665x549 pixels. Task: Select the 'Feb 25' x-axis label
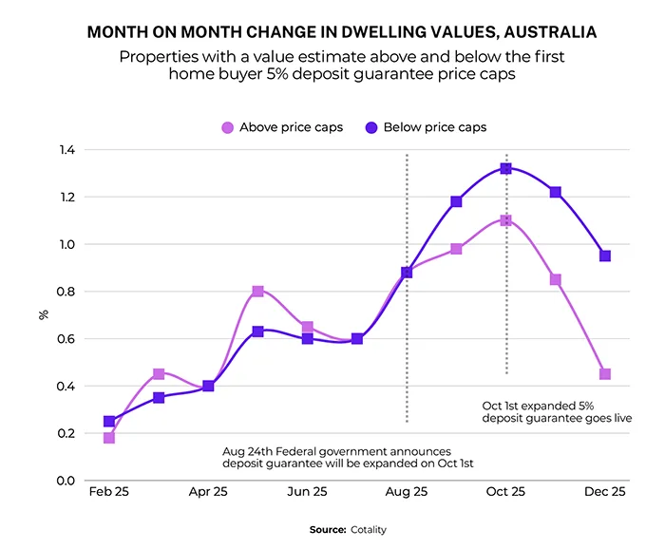click(x=109, y=493)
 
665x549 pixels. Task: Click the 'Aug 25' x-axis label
click(x=407, y=493)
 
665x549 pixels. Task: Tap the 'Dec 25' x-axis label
click(x=605, y=493)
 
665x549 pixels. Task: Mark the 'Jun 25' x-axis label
click(x=307, y=493)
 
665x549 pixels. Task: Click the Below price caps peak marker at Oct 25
click(x=505, y=168)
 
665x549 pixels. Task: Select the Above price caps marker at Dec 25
click(x=605, y=374)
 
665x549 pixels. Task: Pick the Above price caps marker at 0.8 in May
click(x=257, y=292)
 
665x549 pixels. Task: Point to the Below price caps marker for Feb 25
click(x=109, y=422)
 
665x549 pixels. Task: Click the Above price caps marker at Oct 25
click(x=505, y=220)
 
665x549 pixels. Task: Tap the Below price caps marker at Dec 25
click(x=605, y=256)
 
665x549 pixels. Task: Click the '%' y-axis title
click(x=42, y=314)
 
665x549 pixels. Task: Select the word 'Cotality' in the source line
click(x=368, y=529)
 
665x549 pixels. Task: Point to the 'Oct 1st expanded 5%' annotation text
click(x=537, y=405)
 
